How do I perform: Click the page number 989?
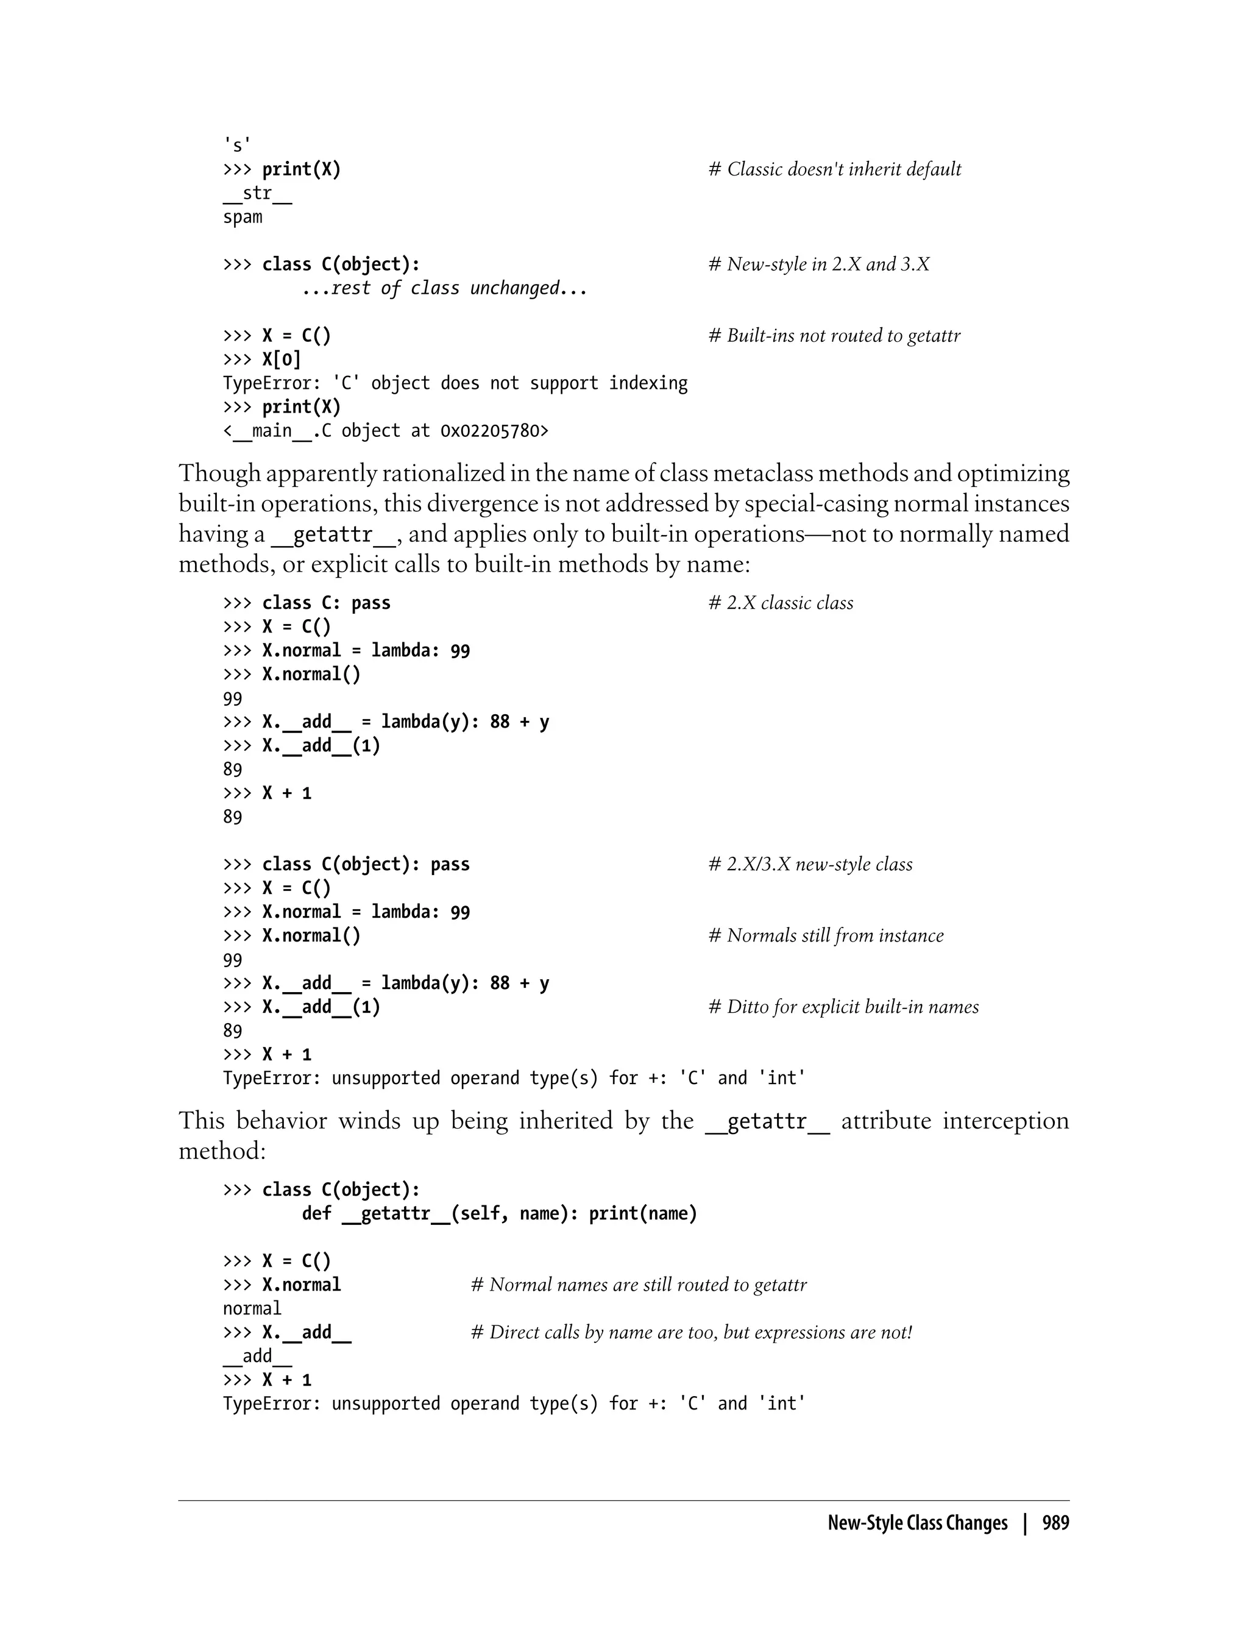point(1055,1523)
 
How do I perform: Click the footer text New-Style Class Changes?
point(918,1523)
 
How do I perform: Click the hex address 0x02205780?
point(494,431)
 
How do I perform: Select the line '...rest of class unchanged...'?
point(444,288)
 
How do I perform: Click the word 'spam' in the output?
point(242,217)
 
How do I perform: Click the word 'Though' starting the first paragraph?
point(220,473)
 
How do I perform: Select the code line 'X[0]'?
point(282,360)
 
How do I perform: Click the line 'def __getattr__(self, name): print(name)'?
point(499,1214)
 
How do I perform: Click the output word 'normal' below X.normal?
point(252,1309)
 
